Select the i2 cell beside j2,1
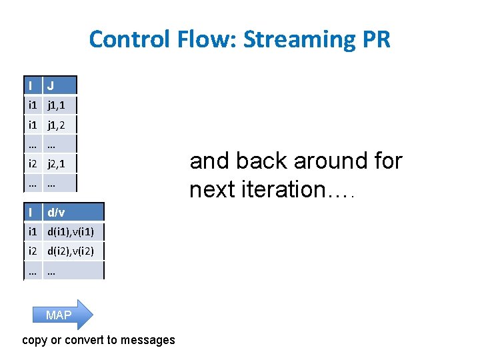(x=32, y=163)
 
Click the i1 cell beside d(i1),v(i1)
(x=32, y=232)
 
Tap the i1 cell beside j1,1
(x=32, y=105)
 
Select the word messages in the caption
(x=147, y=340)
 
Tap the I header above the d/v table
(x=31, y=212)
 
